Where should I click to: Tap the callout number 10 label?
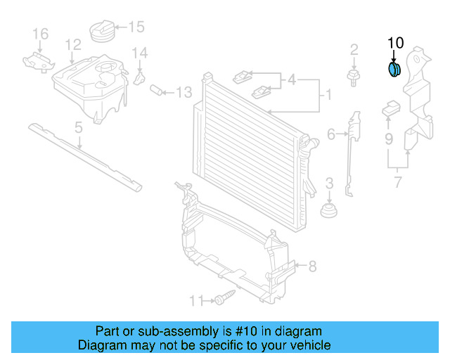[x=396, y=43]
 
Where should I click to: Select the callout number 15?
[x=136, y=27]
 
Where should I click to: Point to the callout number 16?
[x=40, y=33]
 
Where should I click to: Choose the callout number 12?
[x=73, y=44]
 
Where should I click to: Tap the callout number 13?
[x=184, y=91]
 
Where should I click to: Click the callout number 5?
[x=79, y=127]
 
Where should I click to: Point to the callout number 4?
[x=291, y=79]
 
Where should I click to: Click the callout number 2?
[x=354, y=49]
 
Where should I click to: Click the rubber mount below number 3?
[x=328, y=211]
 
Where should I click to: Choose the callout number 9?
[x=389, y=139]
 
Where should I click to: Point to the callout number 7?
[x=398, y=184]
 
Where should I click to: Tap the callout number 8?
[x=312, y=266]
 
